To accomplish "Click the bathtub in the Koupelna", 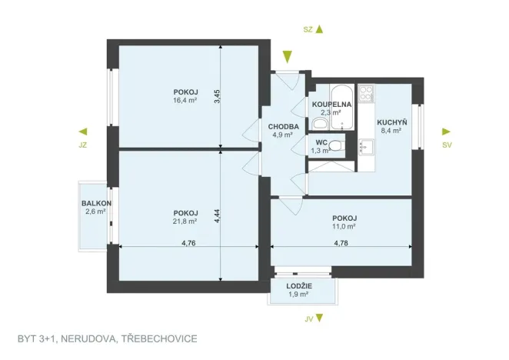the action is pyautogui.click(x=342, y=107).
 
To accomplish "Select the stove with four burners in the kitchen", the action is pyautogui.click(x=366, y=92).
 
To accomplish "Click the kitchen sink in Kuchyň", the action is pyautogui.click(x=366, y=146).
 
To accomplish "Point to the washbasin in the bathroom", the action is pyautogui.click(x=320, y=124).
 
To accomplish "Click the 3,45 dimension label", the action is pyautogui.click(x=217, y=96).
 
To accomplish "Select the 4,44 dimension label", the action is pyautogui.click(x=217, y=215).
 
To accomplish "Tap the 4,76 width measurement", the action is pyautogui.click(x=188, y=243).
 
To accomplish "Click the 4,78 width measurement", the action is pyautogui.click(x=341, y=243).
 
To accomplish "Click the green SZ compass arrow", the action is pyautogui.click(x=319, y=29).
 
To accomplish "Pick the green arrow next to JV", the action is pyautogui.click(x=319, y=318).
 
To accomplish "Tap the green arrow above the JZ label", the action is pyautogui.click(x=83, y=132).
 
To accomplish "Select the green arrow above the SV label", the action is pyautogui.click(x=447, y=132).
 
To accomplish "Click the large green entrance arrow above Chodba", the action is pyautogui.click(x=288, y=57).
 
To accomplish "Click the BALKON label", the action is pyautogui.click(x=96, y=203).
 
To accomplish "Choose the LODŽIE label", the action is pyautogui.click(x=299, y=286).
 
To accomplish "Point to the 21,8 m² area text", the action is pyautogui.click(x=185, y=222).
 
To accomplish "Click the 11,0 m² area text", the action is pyautogui.click(x=344, y=226).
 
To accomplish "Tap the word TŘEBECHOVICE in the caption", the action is pyautogui.click(x=159, y=339).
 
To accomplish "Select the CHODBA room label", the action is pyautogui.click(x=284, y=127).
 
